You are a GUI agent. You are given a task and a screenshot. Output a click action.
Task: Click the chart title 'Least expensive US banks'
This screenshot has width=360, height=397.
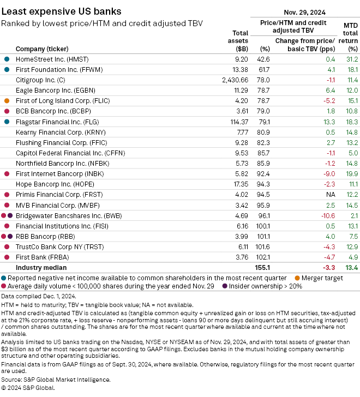point(62,10)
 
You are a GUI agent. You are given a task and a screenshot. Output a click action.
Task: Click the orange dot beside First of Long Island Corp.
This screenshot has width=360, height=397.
point(7,100)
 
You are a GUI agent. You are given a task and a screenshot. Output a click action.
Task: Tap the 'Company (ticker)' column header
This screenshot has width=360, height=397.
point(42,49)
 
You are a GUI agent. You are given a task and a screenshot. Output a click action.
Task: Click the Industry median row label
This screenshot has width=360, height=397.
point(41,268)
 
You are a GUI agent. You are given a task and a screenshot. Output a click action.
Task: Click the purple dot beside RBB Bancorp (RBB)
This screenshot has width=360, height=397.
point(10,237)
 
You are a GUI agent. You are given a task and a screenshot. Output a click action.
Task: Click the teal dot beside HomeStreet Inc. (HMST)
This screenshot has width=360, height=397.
point(7,58)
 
